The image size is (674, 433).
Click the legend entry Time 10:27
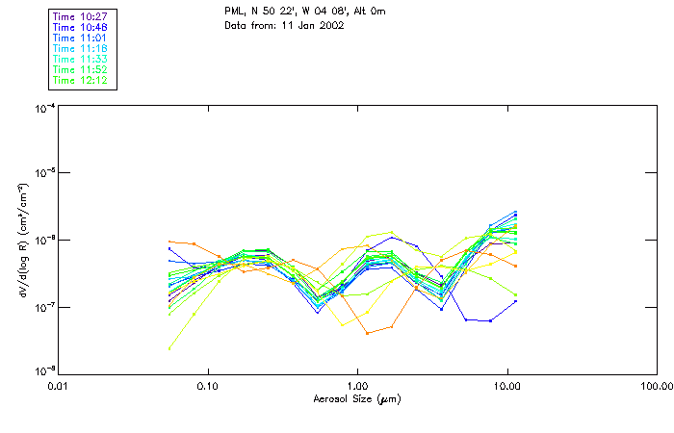pos(80,16)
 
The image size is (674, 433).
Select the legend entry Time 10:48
pos(80,27)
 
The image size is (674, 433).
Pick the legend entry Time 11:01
pos(80,38)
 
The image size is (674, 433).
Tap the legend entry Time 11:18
pos(80,48)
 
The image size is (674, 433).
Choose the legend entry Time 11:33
pos(80,59)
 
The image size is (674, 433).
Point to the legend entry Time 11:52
pos(80,69)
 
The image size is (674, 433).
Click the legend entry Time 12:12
pos(80,80)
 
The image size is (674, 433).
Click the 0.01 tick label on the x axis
pos(59,385)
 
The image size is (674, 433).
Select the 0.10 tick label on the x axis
pos(208,385)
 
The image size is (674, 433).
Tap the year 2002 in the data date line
pos(329,25)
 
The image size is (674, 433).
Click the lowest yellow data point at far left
pos(170,347)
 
